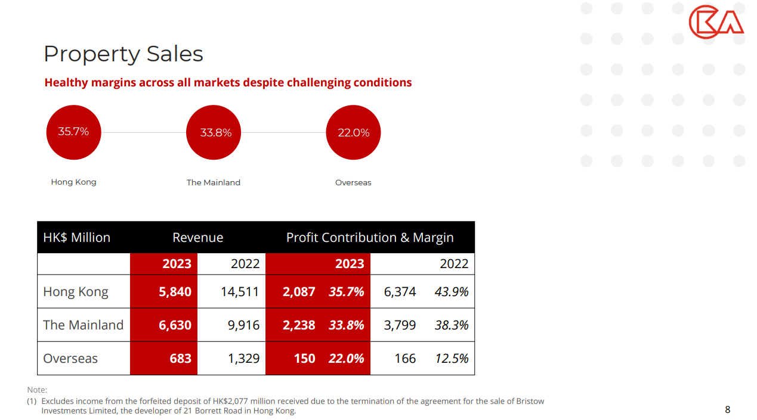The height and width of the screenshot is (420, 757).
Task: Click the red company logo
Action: [716, 23]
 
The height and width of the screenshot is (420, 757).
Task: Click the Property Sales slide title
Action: [123, 54]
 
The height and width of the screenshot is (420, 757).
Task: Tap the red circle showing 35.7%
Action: [73, 132]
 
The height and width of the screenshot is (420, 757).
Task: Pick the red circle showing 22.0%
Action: [353, 132]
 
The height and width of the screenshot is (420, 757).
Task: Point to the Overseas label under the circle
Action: [353, 182]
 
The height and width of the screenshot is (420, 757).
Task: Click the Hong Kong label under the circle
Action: [73, 182]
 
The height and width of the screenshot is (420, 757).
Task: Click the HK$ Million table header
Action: [77, 237]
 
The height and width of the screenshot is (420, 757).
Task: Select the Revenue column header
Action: [197, 237]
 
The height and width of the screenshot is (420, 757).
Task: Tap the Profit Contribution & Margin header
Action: [370, 237]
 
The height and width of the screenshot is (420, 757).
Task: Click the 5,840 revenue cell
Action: [175, 291]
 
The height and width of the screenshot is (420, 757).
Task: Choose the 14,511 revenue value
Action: [240, 291]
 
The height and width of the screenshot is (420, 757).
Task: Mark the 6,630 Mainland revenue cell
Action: [175, 325]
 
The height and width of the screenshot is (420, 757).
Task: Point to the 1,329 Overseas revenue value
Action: [243, 358]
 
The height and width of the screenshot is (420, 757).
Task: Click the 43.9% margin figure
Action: [451, 291]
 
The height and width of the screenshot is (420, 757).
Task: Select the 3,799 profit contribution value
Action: [399, 325]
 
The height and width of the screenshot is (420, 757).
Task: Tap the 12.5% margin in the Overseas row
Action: [451, 358]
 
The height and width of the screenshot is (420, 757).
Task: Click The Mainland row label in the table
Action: [83, 325]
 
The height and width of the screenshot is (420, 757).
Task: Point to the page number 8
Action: [727, 409]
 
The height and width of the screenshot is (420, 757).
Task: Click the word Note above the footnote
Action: [37, 390]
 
